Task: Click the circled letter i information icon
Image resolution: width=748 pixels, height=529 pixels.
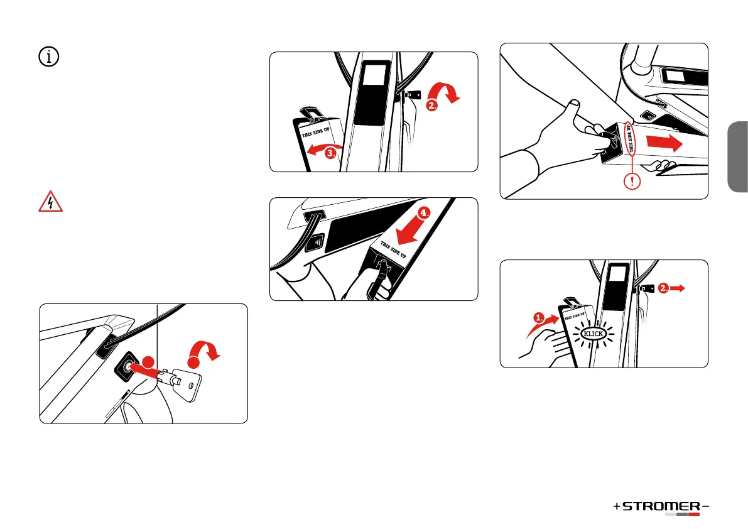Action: pyautogui.click(x=48, y=57)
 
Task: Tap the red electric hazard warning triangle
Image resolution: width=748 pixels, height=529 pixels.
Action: pyautogui.click(x=50, y=202)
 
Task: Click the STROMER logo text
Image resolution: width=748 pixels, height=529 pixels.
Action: pyautogui.click(x=661, y=506)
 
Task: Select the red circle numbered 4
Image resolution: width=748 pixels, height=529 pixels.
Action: pyautogui.click(x=423, y=213)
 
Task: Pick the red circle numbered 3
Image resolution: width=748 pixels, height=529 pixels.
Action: pyautogui.click(x=330, y=153)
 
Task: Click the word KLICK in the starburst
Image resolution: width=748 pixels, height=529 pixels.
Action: pyautogui.click(x=594, y=334)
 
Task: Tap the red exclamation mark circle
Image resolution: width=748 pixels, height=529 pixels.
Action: pyautogui.click(x=632, y=181)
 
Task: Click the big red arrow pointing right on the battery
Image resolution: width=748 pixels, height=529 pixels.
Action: pyautogui.click(x=664, y=142)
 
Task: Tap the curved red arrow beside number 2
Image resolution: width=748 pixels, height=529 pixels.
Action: pyautogui.click(x=444, y=92)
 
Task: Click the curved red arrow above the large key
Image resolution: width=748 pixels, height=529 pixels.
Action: pyautogui.click(x=204, y=350)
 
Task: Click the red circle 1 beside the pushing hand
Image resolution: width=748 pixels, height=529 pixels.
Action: pyautogui.click(x=539, y=318)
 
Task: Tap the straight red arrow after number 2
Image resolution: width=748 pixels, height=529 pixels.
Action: pyautogui.click(x=678, y=288)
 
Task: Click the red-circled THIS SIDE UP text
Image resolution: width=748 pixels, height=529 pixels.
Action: pyautogui.click(x=631, y=138)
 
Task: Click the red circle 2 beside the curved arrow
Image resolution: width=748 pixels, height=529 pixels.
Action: pyautogui.click(x=431, y=106)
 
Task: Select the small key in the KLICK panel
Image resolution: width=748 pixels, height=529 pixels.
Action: pyautogui.click(x=646, y=288)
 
